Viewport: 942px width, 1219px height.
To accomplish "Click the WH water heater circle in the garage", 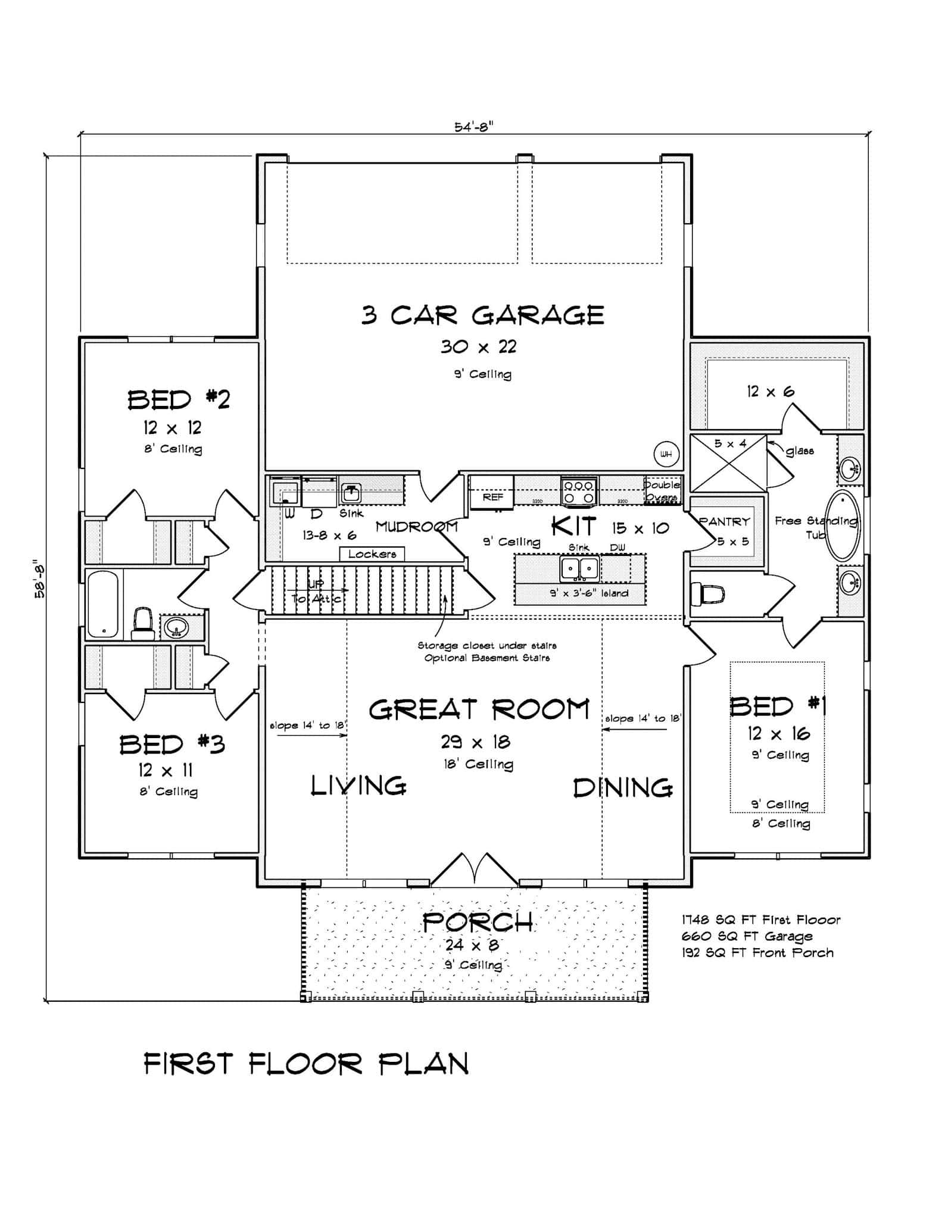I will (666, 455).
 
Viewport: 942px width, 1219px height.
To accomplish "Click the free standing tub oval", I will (843, 525).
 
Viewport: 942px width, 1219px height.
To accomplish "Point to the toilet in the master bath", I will (707, 593).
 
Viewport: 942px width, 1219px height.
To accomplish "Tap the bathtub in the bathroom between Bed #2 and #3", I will (104, 603).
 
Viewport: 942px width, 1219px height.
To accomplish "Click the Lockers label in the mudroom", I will (372, 554).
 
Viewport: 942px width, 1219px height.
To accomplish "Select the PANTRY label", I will (725, 521).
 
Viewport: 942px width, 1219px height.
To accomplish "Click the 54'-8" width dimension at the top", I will (475, 127).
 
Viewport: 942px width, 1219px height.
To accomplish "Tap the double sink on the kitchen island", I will (579, 569).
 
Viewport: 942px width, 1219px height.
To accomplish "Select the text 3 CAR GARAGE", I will (482, 315).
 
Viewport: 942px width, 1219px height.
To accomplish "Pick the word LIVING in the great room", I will (358, 786).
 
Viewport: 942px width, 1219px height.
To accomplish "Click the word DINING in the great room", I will (623, 787).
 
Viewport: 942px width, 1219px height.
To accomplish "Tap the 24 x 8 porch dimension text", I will (472, 945).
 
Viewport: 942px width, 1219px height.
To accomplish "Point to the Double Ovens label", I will (662, 491).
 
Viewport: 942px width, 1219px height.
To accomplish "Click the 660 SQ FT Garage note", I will (747, 936).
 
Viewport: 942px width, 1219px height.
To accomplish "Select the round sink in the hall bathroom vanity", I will (176, 627).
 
